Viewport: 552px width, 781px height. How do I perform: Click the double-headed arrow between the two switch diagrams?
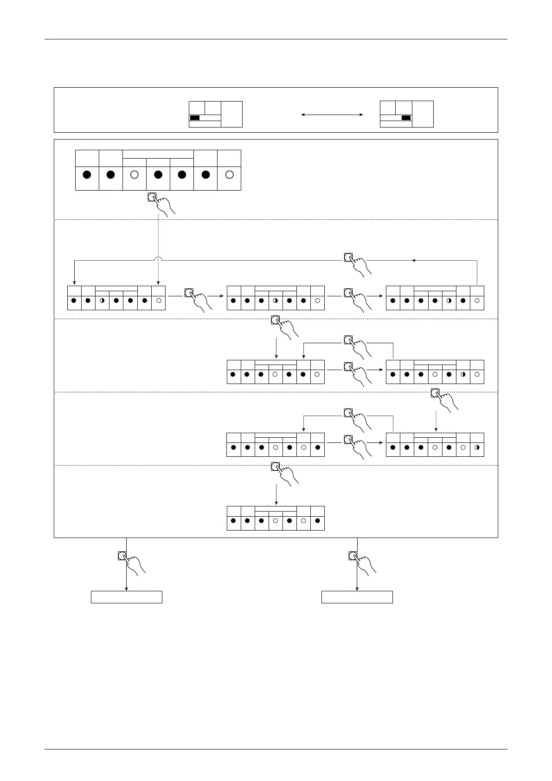tap(332, 114)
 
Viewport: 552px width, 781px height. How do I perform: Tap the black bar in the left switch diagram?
tap(195, 118)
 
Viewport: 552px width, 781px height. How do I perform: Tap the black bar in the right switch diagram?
tap(406, 118)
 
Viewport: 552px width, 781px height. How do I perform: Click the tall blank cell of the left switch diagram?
tap(231, 114)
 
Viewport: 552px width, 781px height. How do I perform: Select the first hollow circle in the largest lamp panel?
tap(135, 175)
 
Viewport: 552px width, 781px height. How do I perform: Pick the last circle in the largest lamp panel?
tap(229, 175)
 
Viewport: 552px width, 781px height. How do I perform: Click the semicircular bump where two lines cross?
tap(159, 258)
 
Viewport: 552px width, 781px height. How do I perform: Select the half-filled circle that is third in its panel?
tap(102, 301)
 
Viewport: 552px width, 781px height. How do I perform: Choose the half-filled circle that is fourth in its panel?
tap(275, 301)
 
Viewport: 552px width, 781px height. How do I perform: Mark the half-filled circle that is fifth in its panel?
tap(449, 301)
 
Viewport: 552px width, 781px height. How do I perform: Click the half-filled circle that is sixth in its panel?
tap(463, 374)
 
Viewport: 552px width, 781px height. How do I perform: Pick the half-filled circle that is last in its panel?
tap(477, 448)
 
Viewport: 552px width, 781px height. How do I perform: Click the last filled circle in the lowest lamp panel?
tap(317, 521)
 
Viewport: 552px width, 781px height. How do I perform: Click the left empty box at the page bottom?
tap(126, 597)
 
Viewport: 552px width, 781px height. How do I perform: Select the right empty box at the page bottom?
tap(357, 597)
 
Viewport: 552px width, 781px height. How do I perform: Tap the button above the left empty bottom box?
tap(122, 556)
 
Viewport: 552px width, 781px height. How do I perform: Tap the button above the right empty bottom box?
tap(353, 556)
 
